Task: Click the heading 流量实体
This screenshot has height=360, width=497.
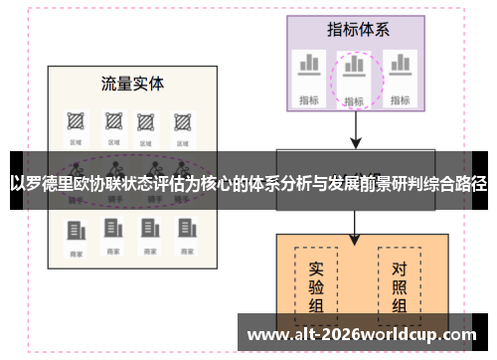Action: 132,84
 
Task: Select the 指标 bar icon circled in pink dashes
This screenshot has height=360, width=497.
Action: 354,69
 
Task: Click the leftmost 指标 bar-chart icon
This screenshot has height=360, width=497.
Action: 309,65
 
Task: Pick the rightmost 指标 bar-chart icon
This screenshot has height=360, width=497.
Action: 401,65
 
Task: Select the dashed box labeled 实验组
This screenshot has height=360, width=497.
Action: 315,283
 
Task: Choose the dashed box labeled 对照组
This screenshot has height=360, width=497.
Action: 399,283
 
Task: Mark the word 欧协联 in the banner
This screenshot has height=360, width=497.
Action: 110,183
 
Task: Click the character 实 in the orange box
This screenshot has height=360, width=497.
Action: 315,269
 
